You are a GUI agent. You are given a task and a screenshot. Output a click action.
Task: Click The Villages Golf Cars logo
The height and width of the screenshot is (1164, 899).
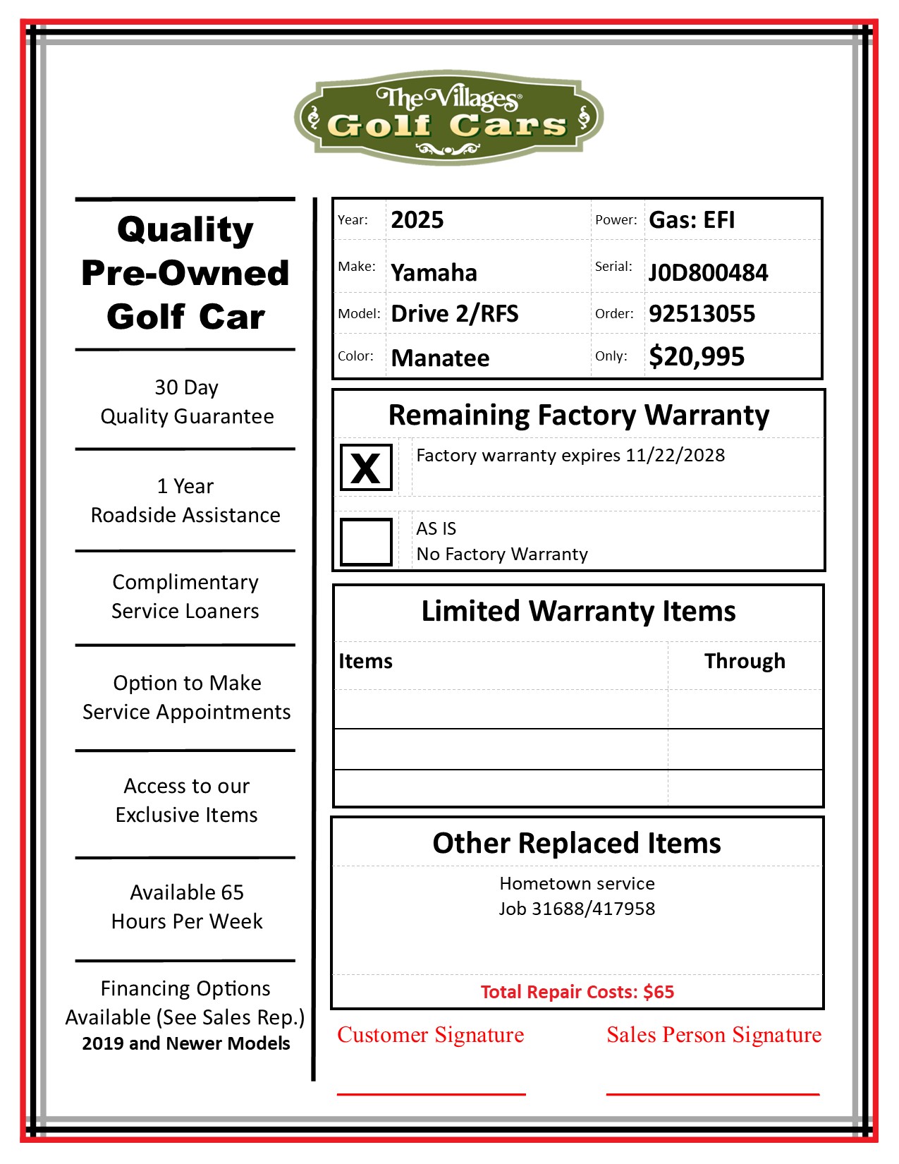click(x=448, y=116)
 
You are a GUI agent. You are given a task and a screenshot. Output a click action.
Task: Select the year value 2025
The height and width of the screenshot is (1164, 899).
click(x=417, y=220)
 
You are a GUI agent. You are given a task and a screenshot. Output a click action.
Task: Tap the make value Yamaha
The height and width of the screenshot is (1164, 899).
click(x=434, y=272)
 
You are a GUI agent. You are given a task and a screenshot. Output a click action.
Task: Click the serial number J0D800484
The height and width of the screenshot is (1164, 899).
click(x=708, y=272)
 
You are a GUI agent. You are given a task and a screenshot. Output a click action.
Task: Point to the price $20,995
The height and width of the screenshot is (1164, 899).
click(x=697, y=357)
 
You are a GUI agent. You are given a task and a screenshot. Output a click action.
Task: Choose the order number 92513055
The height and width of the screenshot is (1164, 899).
click(x=702, y=314)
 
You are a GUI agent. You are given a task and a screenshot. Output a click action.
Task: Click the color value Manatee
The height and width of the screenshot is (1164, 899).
click(x=440, y=358)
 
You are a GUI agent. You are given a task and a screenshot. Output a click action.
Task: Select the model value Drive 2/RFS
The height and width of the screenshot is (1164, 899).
click(x=455, y=314)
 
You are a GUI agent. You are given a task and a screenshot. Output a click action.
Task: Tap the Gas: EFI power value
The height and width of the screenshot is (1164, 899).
click(x=692, y=220)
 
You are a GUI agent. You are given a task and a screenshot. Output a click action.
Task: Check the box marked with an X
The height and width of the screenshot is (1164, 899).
click(x=366, y=468)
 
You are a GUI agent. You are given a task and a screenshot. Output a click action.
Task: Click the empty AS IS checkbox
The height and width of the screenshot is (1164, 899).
click(x=366, y=542)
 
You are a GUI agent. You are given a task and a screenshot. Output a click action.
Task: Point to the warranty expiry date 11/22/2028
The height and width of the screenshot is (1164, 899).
click(x=675, y=456)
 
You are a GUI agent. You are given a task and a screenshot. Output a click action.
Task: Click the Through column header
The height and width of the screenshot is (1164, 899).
click(x=745, y=661)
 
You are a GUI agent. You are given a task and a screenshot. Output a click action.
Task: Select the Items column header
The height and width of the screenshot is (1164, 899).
click(x=365, y=661)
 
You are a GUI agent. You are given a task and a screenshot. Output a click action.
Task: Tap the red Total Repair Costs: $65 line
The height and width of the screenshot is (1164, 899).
click(x=577, y=992)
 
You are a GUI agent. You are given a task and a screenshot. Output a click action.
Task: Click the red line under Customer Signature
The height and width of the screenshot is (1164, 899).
click(x=431, y=1094)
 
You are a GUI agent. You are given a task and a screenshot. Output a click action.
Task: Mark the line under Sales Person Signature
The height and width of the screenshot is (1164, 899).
click(x=713, y=1094)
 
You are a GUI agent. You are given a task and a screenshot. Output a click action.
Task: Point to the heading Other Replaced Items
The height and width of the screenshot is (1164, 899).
click(x=577, y=843)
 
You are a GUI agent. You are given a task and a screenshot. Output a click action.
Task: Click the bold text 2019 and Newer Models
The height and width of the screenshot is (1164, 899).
click(x=186, y=1043)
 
